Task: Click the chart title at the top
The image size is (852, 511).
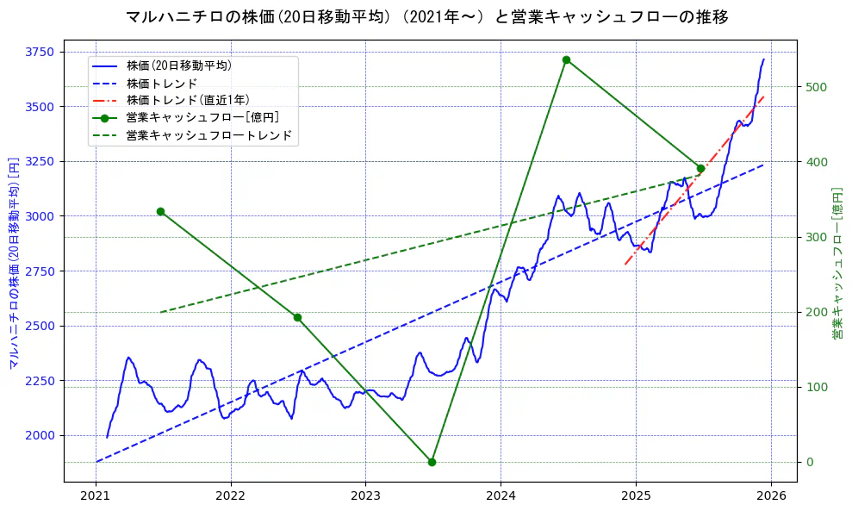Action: point(426,17)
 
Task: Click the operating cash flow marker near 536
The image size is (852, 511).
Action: point(566,60)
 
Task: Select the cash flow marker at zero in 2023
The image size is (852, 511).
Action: point(432,462)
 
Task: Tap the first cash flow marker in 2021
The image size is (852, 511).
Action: point(160,211)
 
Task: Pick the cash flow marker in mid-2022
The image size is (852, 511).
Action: point(297,317)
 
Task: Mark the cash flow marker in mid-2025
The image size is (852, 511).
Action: point(700,169)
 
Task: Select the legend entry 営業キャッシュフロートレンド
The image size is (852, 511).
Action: point(208,135)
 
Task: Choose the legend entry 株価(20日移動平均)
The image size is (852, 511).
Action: point(178,65)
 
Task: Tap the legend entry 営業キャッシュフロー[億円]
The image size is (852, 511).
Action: point(202,118)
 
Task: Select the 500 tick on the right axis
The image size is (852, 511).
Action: point(816,87)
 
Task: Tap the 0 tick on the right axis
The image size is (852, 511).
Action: point(808,462)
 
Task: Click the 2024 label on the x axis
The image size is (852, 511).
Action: point(501,496)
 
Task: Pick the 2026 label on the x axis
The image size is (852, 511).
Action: point(771,496)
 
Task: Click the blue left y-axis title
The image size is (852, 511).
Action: point(14,263)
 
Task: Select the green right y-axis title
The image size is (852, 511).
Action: point(836,263)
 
